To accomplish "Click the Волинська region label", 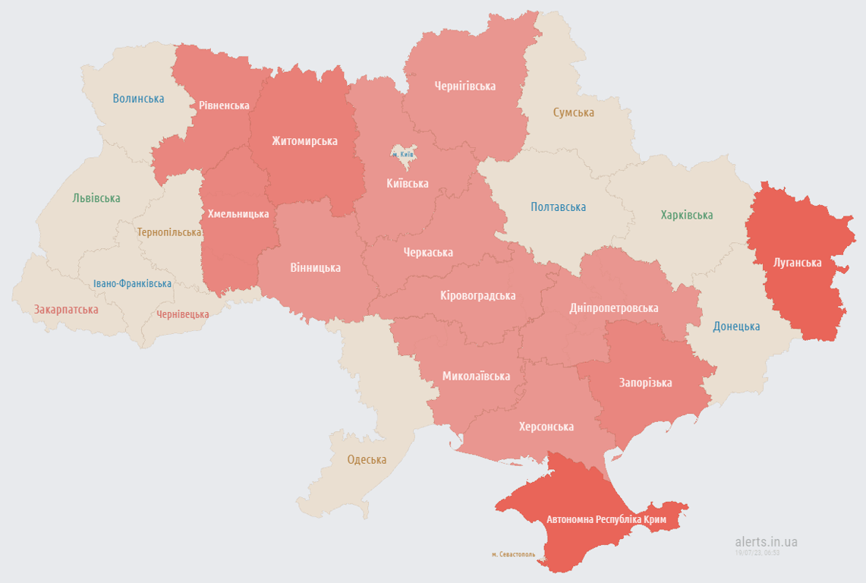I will [138, 98].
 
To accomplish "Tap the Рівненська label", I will [224, 106].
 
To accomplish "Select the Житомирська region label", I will [304, 140].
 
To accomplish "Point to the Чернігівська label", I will [464, 86].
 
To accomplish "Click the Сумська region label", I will [573, 112].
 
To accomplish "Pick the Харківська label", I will [686, 215].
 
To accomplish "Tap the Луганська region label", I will [797, 263].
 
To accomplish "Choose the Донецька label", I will [736, 326].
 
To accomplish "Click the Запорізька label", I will [645, 383].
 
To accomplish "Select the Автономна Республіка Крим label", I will [606, 519].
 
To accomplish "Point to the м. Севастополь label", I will [513, 554].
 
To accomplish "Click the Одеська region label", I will [367, 459].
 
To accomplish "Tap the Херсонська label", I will [546, 427].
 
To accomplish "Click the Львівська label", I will [96, 198].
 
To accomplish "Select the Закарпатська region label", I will [66, 310].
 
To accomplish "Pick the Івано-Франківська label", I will [132, 283].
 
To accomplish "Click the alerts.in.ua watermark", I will [766, 542].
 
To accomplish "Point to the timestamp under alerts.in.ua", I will [757, 553].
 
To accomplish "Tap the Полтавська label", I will [558, 206].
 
